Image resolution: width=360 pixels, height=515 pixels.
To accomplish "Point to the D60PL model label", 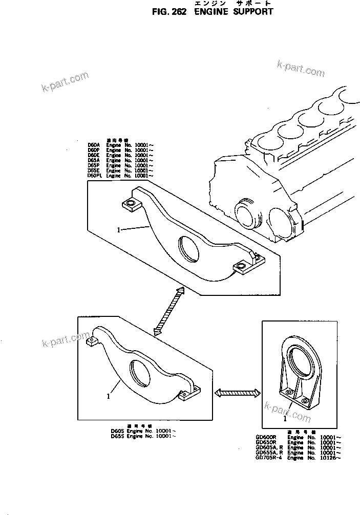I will pos(95,176).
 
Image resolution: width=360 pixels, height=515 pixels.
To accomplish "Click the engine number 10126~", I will pos(331,458).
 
